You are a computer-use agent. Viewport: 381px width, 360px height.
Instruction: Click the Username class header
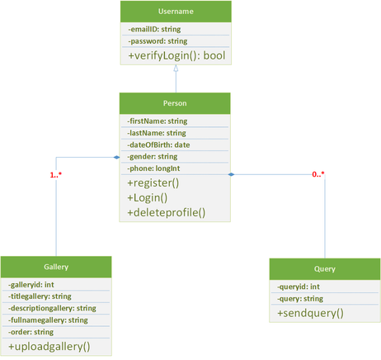coord(176,12)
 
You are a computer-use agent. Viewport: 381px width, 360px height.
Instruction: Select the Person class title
coord(175,103)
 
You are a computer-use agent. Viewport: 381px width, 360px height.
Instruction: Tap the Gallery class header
coord(56,267)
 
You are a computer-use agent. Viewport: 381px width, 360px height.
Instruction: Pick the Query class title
coord(325,269)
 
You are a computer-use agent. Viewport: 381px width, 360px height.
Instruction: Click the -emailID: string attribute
coord(154,29)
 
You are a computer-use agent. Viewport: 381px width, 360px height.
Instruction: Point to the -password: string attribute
coord(158,41)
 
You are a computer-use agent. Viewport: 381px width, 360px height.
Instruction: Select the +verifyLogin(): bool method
coord(176,55)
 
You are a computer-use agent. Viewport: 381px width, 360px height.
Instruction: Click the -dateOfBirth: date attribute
coord(158,144)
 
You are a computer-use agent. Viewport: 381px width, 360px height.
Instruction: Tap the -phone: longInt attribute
coord(153,168)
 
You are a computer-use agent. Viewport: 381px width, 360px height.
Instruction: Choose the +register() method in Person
coord(153,183)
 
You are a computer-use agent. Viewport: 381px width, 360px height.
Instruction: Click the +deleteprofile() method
coord(167,212)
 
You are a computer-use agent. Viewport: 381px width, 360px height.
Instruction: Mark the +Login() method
coord(148,198)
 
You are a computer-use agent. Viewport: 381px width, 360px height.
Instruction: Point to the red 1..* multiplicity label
coord(56,175)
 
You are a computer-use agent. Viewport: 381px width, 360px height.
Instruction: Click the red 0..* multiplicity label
coord(318,174)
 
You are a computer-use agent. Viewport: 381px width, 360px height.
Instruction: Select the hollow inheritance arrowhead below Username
coord(176,69)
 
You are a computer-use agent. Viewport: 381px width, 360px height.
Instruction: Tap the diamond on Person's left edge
coord(117,158)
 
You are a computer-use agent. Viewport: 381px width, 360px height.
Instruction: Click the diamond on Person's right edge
coord(231,174)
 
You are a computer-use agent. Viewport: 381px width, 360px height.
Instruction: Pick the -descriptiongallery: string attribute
coord(52,308)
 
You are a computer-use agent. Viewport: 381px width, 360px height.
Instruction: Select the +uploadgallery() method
coord(49,347)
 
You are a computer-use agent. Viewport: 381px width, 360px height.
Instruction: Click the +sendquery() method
coord(310,313)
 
